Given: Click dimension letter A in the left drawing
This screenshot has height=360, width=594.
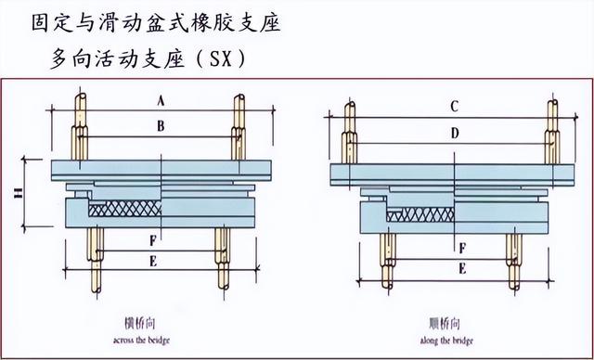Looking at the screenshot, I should pos(161,99).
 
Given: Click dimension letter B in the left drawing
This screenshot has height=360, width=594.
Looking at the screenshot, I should pos(161,124).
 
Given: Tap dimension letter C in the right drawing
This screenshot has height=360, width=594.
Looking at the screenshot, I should pos(453,107).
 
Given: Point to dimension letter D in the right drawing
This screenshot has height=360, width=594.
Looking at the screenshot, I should pos(453,133).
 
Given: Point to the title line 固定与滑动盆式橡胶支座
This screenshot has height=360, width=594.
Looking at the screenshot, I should pos(157,22).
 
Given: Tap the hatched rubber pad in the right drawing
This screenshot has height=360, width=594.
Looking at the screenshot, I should pos(423,215).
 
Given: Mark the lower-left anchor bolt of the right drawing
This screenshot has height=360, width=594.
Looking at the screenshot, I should pos(383,260).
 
